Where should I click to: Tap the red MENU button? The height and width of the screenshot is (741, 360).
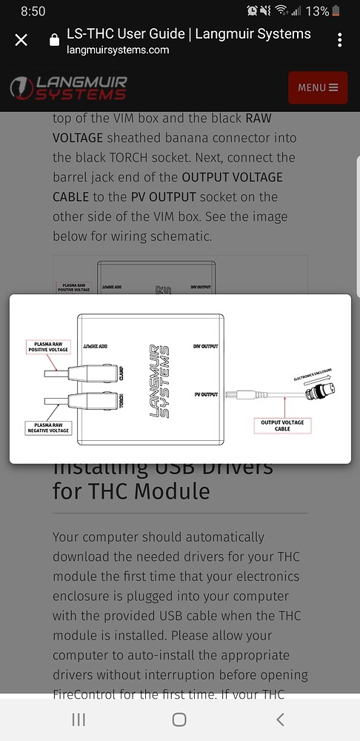coord(317,87)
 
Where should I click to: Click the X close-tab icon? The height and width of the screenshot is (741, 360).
coord(21,40)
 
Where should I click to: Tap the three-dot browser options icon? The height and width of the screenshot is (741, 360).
coord(339,40)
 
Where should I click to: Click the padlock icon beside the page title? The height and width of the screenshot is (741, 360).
coord(54,40)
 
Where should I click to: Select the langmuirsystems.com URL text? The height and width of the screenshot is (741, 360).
coord(118,50)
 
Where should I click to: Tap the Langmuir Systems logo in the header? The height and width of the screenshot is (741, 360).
coord(69,87)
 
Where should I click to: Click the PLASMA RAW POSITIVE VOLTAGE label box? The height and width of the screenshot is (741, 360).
coord(48,347)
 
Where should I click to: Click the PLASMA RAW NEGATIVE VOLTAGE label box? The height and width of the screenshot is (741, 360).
coord(48,427)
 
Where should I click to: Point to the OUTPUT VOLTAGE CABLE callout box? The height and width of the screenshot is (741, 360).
coord(282,425)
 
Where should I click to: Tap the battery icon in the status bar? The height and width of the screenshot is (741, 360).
coord(337,11)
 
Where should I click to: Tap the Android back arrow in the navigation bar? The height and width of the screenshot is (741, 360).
coord(279,720)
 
